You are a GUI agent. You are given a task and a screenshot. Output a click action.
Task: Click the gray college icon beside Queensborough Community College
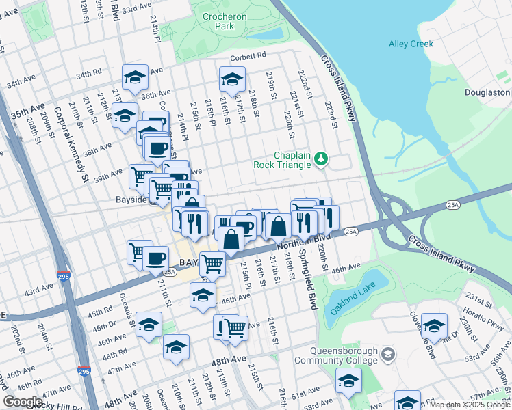point(388,353)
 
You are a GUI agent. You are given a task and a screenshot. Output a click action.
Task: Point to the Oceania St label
point(128,311)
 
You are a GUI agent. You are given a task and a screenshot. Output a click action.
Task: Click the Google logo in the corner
point(22,402)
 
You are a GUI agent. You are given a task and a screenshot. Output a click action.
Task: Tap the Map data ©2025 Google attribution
point(470,405)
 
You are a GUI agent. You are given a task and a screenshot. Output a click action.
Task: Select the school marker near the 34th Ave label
point(136,77)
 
